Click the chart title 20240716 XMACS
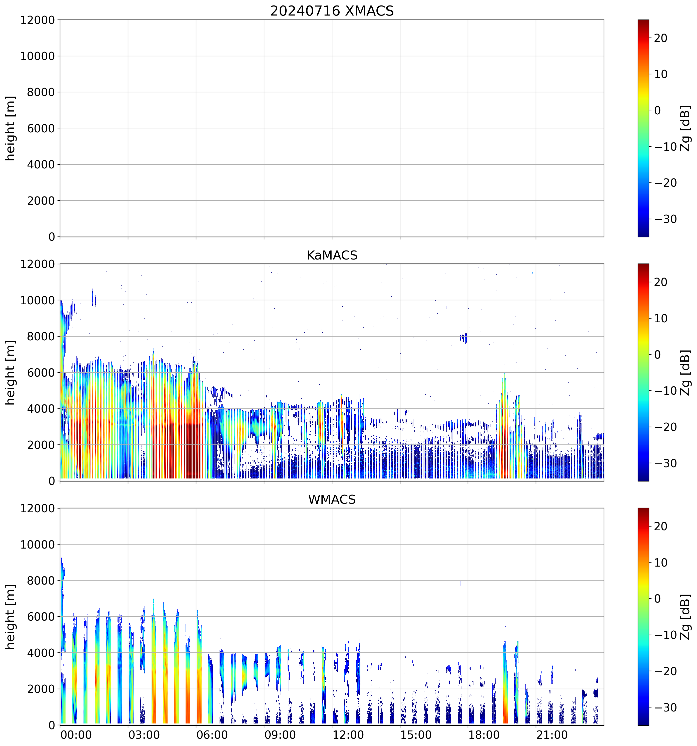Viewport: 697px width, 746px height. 332,11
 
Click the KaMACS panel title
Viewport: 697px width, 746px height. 332,255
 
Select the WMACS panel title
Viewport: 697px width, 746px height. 332,500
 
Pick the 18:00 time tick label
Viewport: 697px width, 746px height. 484,734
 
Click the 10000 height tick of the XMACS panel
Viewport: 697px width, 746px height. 38,56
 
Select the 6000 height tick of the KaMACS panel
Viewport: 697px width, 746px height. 41,373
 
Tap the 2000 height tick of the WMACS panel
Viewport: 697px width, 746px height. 41,689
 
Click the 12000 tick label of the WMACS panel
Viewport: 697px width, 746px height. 38,509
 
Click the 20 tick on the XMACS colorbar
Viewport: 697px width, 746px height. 661,38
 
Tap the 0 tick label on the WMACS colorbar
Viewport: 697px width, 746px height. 657,599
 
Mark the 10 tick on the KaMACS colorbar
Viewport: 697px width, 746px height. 661,319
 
